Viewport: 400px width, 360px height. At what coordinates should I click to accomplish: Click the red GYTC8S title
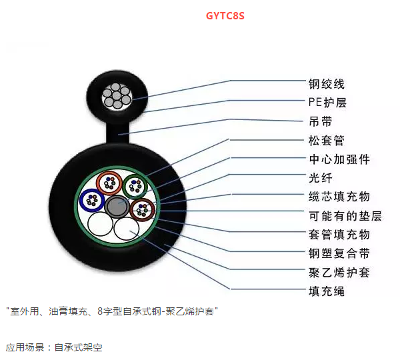(225, 16)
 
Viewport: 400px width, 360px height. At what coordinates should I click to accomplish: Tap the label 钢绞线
(327, 84)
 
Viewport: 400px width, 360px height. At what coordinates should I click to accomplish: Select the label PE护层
(327, 102)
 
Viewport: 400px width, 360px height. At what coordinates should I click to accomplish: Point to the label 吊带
(321, 121)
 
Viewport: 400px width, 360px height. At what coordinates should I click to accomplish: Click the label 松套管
(327, 140)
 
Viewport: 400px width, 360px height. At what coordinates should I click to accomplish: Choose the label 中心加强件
(339, 159)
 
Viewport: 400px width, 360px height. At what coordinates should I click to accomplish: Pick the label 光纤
(321, 178)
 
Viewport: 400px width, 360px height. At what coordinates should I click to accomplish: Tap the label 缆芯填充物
(339, 197)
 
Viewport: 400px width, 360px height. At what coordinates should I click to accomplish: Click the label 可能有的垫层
(345, 216)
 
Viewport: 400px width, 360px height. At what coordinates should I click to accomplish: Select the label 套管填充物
(339, 235)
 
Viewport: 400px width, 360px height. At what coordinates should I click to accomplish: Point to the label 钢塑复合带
(339, 253)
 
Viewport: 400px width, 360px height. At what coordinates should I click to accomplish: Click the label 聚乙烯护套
(339, 273)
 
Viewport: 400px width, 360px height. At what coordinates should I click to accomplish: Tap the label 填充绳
(327, 291)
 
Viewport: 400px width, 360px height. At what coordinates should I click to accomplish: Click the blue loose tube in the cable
(81, 200)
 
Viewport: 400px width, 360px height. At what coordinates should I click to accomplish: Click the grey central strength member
(117, 207)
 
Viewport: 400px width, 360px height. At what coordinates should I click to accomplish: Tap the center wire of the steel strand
(117, 96)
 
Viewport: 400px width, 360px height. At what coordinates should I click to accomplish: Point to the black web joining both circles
(117, 133)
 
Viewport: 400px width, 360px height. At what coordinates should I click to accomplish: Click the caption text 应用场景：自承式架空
(54, 347)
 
